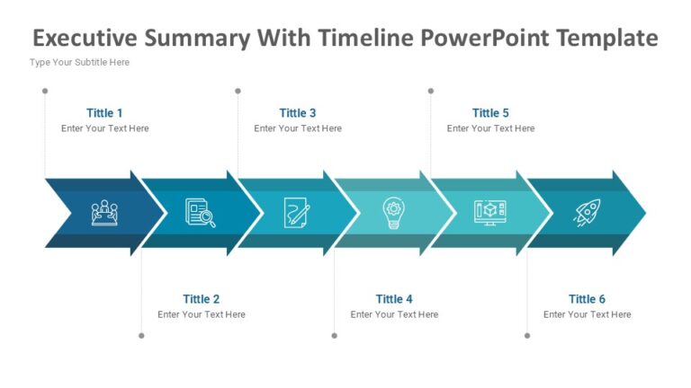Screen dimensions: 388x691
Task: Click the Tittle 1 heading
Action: click(x=104, y=113)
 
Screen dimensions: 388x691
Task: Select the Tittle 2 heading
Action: click(x=201, y=299)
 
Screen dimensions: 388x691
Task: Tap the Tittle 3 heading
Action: click(x=298, y=113)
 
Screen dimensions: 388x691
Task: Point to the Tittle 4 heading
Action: click(x=394, y=299)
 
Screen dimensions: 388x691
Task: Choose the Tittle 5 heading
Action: click(x=490, y=113)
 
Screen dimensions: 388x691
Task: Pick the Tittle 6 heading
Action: click(x=587, y=299)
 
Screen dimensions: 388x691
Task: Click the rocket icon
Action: click(x=587, y=213)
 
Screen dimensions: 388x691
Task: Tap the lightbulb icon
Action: click(x=394, y=213)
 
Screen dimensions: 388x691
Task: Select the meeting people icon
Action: click(x=104, y=213)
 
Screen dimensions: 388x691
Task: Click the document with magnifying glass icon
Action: click(x=201, y=213)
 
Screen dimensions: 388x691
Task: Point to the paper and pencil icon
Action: click(x=297, y=213)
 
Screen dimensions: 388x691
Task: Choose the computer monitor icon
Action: click(x=490, y=213)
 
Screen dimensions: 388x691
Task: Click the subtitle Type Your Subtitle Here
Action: click(x=79, y=63)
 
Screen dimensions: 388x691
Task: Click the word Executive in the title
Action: click(x=90, y=39)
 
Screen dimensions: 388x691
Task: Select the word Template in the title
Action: click(x=607, y=39)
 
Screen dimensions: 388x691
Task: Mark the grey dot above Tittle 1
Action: click(x=45, y=91)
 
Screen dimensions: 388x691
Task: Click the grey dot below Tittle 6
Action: click(x=527, y=336)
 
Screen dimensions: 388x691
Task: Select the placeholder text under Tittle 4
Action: click(x=394, y=315)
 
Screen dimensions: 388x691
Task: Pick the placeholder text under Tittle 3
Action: click(x=298, y=128)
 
